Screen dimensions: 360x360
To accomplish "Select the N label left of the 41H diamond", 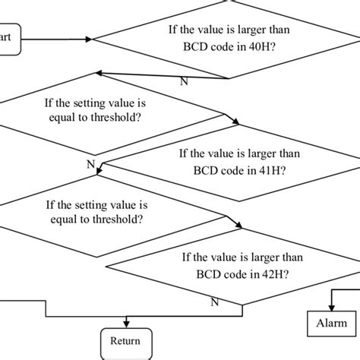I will (90, 163).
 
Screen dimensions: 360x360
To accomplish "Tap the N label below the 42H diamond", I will (214, 302).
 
